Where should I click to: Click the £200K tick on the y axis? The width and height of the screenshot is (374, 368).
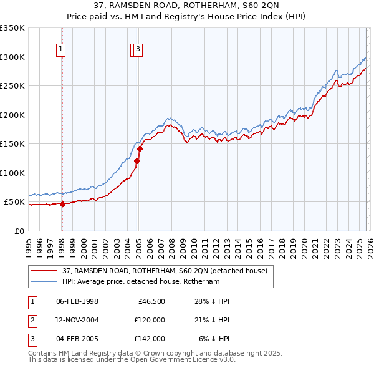pyautogui.click(x=12, y=115)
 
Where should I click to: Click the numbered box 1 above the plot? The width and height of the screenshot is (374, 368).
pyautogui.click(x=62, y=51)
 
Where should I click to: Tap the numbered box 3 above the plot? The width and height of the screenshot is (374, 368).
pyautogui.click(x=138, y=51)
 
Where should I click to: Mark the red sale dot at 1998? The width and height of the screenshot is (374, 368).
pyautogui.click(x=62, y=204)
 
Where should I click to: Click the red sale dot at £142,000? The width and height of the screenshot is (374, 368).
pyautogui.click(x=140, y=148)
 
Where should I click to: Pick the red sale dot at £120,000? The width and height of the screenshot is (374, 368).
pyautogui.click(x=137, y=162)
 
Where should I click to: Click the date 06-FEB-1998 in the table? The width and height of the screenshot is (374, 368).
pyautogui.click(x=77, y=301)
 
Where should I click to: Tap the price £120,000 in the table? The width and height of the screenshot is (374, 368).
pyautogui.click(x=149, y=320)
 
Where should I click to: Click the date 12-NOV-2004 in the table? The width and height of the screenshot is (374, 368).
pyautogui.click(x=77, y=320)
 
